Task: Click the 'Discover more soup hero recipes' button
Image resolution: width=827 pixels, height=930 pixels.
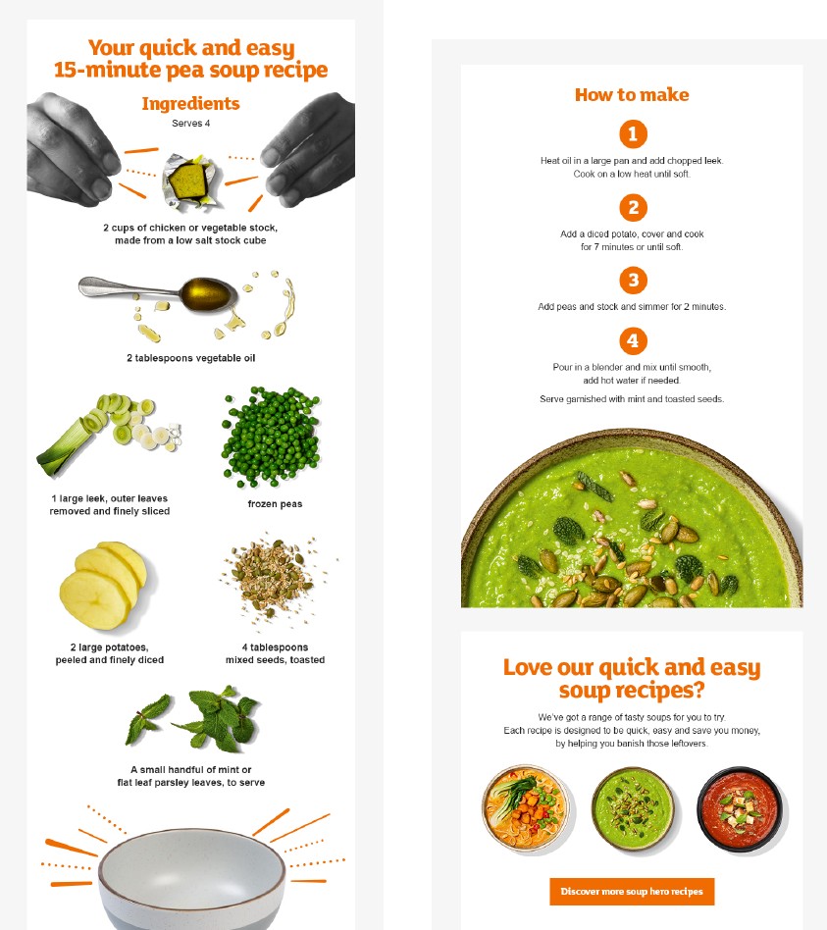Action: pyautogui.click(x=632, y=892)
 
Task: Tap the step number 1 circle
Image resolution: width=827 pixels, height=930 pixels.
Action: pyautogui.click(x=633, y=134)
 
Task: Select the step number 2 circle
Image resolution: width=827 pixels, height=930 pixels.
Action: pyautogui.click(x=633, y=208)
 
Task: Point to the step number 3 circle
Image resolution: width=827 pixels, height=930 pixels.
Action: pyautogui.click(x=633, y=280)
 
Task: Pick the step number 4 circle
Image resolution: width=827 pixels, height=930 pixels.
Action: pyautogui.click(x=633, y=341)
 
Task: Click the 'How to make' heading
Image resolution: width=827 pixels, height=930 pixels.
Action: pyautogui.click(x=632, y=95)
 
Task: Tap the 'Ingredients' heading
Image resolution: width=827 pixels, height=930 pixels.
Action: pyautogui.click(x=190, y=103)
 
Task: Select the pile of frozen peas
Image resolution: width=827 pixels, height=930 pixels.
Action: pyautogui.click(x=271, y=436)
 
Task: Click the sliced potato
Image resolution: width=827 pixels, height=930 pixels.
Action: pyautogui.click(x=103, y=586)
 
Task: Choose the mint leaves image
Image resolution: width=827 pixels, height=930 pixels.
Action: pyautogui.click(x=193, y=718)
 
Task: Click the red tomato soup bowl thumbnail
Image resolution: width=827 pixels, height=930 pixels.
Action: pyautogui.click(x=740, y=809)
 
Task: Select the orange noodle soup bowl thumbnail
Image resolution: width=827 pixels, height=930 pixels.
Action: pyautogui.click(x=525, y=807)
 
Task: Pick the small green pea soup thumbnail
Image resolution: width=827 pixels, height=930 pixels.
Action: pyautogui.click(x=633, y=808)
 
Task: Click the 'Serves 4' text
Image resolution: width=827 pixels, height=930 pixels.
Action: pyautogui.click(x=190, y=124)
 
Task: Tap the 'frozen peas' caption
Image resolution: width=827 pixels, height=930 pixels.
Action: pyautogui.click(x=275, y=503)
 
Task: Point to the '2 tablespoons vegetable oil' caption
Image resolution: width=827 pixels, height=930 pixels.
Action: pyautogui.click(x=190, y=358)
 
